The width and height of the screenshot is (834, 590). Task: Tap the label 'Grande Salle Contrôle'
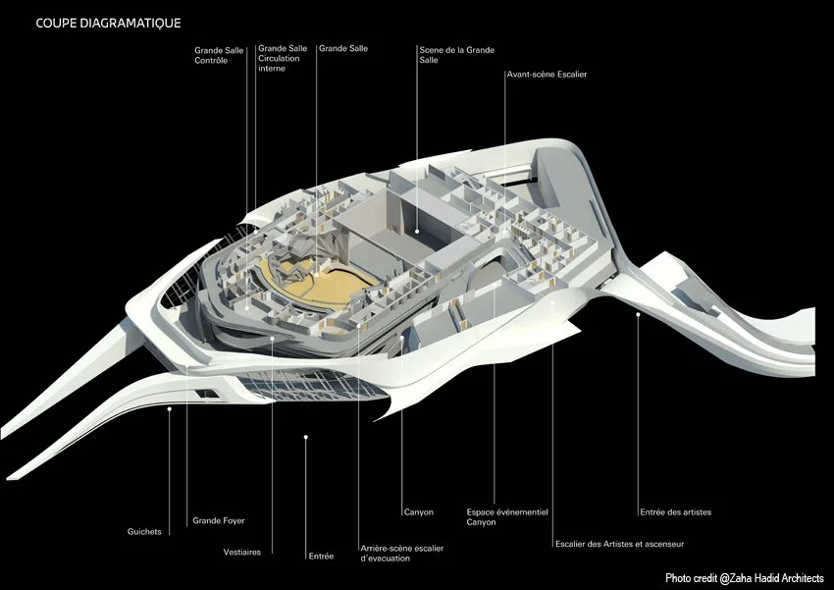(212, 54)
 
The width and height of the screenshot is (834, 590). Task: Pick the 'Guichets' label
(144, 532)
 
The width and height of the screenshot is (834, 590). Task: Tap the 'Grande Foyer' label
(219, 520)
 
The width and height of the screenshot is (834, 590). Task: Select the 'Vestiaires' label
(242, 552)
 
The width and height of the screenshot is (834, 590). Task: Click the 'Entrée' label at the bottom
(321, 556)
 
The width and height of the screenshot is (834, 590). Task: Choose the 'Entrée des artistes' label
(675, 512)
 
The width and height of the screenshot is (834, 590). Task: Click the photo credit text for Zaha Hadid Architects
(744, 578)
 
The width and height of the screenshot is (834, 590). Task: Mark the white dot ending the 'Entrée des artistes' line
(639, 314)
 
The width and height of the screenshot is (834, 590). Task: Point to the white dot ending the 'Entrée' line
(306, 436)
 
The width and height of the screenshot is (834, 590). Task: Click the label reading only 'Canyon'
(418, 511)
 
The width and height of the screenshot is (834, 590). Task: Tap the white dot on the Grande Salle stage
(418, 232)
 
